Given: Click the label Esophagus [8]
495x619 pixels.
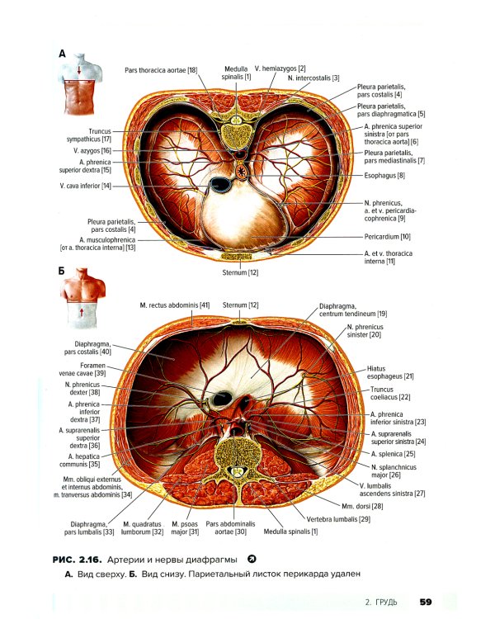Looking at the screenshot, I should [x=389, y=176].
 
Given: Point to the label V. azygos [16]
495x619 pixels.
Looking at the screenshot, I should [x=92, y=150].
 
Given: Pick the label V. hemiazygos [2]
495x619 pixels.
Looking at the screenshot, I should [x=280, y=68].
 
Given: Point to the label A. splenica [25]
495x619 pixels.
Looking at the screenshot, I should [x=394, y=453].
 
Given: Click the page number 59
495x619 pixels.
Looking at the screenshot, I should [x=426, y=601].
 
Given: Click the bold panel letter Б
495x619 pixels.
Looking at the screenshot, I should [x=62, y=270].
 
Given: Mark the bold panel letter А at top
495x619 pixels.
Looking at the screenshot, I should [x=62, y=53].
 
